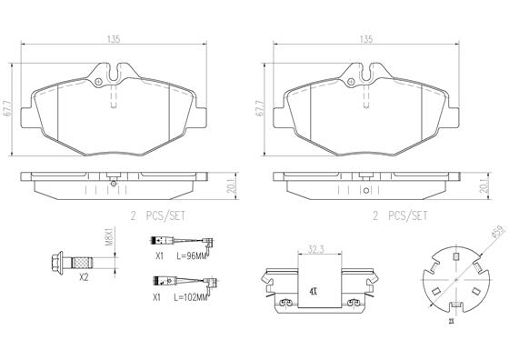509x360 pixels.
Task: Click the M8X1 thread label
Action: (x=107, y=239)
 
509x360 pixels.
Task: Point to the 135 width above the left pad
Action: (x=115, y=39)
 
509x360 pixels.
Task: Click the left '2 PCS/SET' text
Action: (x=158, y=215)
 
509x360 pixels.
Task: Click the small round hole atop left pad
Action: (x=97, y=83)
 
